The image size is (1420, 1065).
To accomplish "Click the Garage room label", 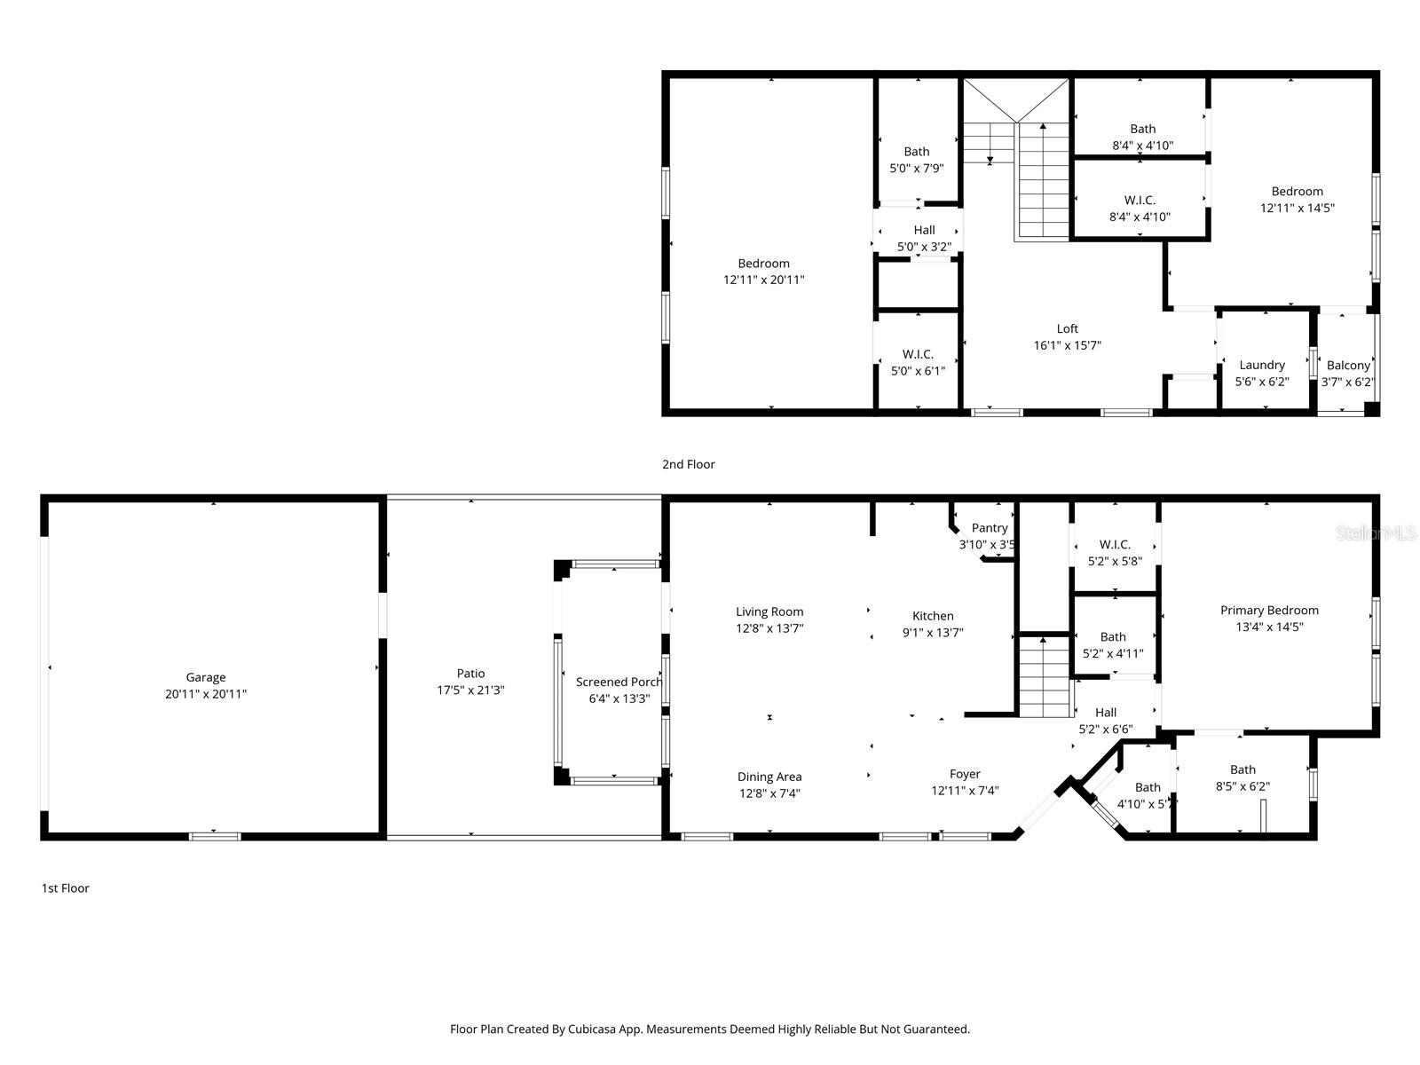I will (x=205, y=677).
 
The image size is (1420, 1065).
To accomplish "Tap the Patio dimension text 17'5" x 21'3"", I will (x=470, y=690).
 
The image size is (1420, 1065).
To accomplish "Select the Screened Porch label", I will (x=619, y=682).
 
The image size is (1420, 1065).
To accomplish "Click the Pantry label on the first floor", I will (x=989, y=528).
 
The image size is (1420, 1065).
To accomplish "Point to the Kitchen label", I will (x=933, y=616).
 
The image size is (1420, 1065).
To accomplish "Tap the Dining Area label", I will (x=769, y=777).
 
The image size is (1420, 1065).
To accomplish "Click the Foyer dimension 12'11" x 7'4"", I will (x=965, y=791).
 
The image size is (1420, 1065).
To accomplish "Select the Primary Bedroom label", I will (x=1269, y=610).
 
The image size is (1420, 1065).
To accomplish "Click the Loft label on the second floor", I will (x=1067, y=328).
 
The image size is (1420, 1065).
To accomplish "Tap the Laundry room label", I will (x=1261, y=365).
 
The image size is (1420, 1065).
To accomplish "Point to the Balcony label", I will (x=1348, y=365).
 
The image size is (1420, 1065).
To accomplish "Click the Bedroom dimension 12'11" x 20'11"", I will (x=763, y=280).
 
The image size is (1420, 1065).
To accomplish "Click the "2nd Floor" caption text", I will (x=688, y=464).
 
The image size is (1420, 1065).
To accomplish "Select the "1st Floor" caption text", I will (x=66, y=888).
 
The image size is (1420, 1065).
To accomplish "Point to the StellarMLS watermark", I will (x=1376, y=533).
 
